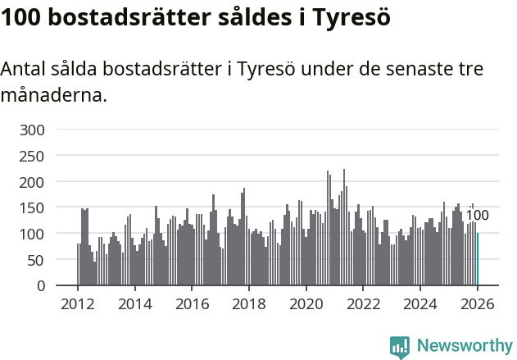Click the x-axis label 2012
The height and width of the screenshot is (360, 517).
tap(78, 304)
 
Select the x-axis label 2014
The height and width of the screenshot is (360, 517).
tap(135, 304)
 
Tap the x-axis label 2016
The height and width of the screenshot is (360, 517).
tap(192, 304)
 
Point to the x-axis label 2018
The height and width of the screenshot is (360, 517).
tap(249, 304)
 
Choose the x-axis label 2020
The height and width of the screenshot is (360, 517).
tap(306, 304)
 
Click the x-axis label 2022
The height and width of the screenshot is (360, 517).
tap(363, 304)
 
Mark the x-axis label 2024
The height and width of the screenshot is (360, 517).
tap(420, 304)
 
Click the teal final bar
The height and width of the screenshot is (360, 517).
tap(478, 260)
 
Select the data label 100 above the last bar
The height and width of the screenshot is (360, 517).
tap(477, 216)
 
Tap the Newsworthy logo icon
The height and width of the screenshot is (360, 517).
tap(400, 346)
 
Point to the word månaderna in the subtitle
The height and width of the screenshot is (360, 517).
tap(53, 95)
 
